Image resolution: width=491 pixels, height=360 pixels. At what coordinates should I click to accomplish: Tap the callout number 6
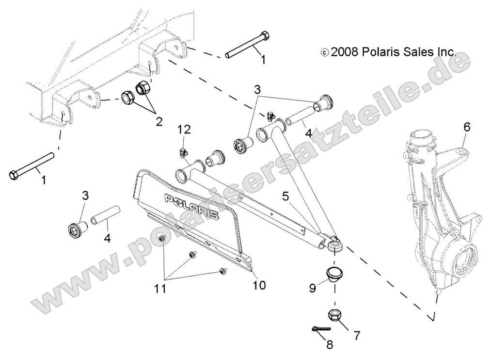click(x=467, y=127)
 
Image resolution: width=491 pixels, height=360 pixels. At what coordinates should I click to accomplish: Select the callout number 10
click(x=259, y=285)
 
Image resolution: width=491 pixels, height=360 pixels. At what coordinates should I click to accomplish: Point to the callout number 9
click(x=313, y=288)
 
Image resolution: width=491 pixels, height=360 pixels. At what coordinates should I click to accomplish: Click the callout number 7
click(x=357, y=335)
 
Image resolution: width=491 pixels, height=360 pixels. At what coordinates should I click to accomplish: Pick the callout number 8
click(x=330, y=345)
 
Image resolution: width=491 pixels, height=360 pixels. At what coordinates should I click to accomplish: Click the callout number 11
click(x=160, y=289)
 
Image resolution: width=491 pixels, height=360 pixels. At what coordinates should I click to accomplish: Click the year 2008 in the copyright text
click(x=344, y=52)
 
